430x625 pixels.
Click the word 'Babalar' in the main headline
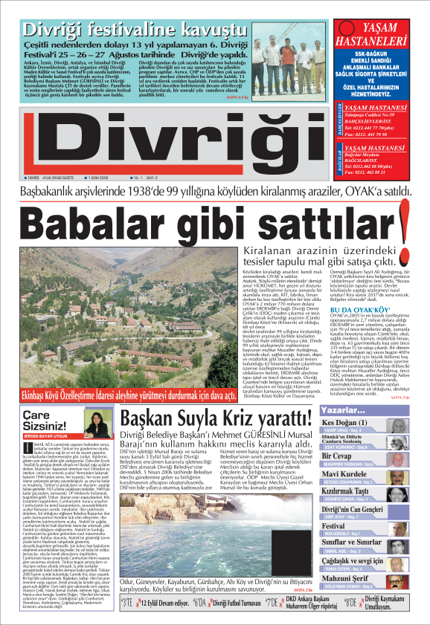coord(111,221)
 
